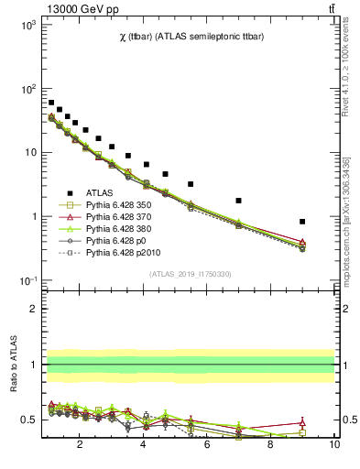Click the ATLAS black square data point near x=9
[x=302, y=222]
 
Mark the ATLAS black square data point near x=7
[x=238, y=201]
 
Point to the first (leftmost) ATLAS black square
[x=51, y=103]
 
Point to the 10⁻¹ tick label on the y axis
[x=27, y=280]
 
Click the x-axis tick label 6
[x=207, y=445]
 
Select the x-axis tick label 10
[x=334, y=445]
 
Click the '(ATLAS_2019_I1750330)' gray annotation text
[x=189, y=274]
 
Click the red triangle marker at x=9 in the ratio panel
[x=302, y=423]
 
